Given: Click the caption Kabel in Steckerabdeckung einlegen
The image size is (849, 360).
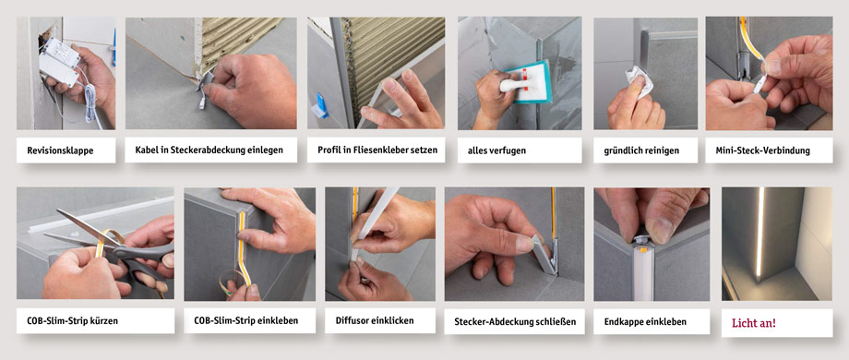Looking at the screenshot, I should (209, 150).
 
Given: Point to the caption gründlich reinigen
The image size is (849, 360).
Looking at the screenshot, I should (643, 150).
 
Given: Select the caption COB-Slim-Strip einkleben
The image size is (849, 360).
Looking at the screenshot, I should (238, 321).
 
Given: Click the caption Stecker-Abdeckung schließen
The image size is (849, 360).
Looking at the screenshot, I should (515, 322).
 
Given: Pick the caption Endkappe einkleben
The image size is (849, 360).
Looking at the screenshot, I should (646, 321).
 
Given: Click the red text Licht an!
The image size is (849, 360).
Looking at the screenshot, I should (754, 323).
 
